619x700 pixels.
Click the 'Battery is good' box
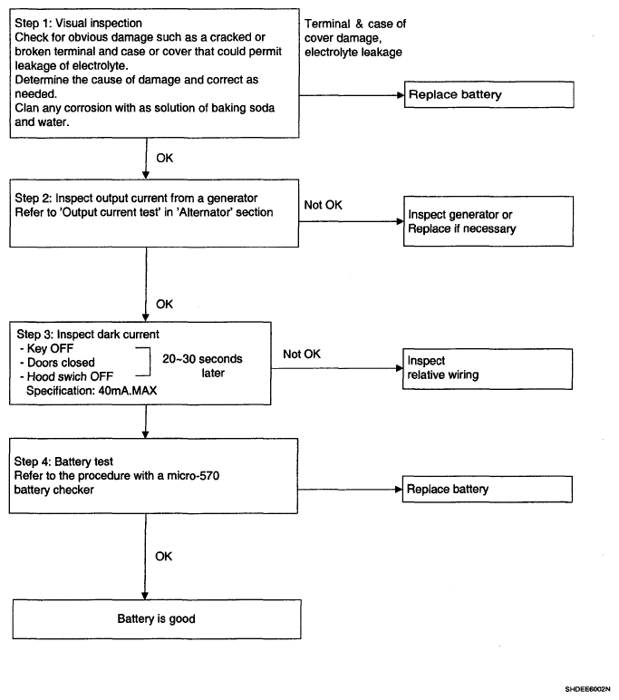[157, 619]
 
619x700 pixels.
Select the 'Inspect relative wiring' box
[488, 369]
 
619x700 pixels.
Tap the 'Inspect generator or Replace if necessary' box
[488, 221]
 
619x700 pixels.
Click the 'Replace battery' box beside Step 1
[489, 94]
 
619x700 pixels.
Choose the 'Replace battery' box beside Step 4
[488, 490]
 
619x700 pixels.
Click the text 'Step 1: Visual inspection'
[79, 24]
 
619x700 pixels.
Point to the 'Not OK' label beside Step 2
[324, 205]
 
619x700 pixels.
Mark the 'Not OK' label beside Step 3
[302, 354]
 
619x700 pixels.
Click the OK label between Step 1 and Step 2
[165, 158]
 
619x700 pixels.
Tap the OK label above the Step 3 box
[164, 305]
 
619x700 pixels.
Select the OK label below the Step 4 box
[164, 556]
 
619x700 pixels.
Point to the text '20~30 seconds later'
[203, 366]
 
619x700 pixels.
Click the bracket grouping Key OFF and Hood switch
[150, 362]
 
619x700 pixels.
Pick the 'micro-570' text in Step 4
[193, 476]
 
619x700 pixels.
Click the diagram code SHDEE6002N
[587, 689]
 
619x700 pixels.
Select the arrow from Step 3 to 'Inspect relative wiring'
[337, 368]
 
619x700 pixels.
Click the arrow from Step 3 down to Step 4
[146, 422]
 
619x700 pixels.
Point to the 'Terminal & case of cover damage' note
[355, 38]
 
